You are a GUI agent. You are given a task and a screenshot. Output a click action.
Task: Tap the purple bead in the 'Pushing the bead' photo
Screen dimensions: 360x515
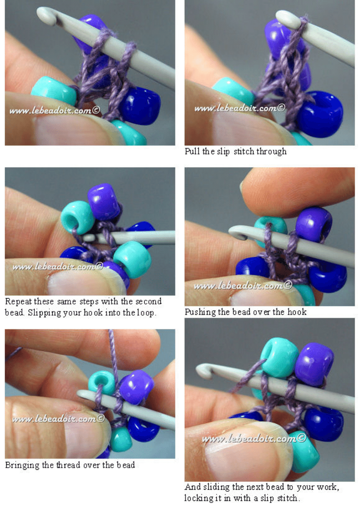(314, 225)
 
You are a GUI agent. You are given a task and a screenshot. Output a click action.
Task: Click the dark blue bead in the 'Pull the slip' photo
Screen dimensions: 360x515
(321, 114)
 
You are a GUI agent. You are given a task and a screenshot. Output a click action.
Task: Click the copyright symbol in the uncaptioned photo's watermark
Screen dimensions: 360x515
(97, 110)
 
